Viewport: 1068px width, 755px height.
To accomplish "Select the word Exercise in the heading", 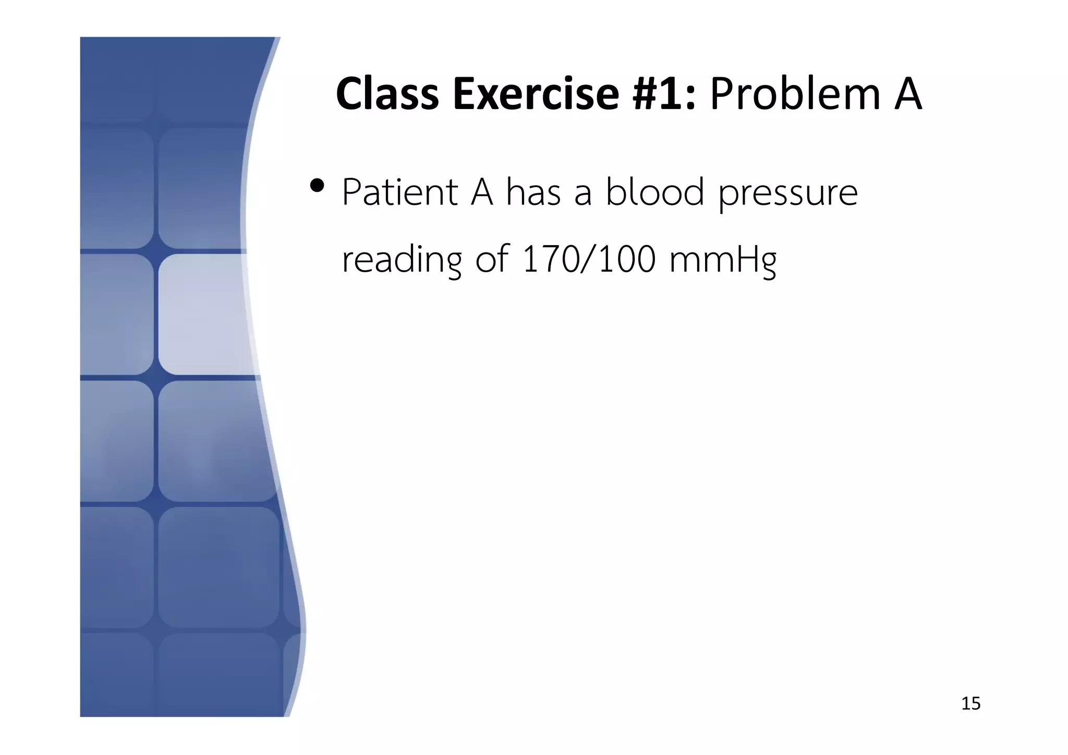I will [536, 94].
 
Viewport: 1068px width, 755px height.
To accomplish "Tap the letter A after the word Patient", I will [482, 192].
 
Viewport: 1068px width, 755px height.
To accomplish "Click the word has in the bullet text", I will [533, 192].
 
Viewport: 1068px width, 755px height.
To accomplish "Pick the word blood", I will [655, 192].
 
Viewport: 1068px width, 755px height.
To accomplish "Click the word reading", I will [402, 261].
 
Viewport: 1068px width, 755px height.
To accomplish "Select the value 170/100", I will [589, 260].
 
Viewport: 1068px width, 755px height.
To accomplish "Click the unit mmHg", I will [723, 261].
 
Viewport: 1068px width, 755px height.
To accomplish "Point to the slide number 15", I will [970, 704].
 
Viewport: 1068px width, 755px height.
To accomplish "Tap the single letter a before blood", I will [583, 193].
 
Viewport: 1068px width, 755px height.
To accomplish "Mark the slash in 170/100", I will [588, 260].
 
